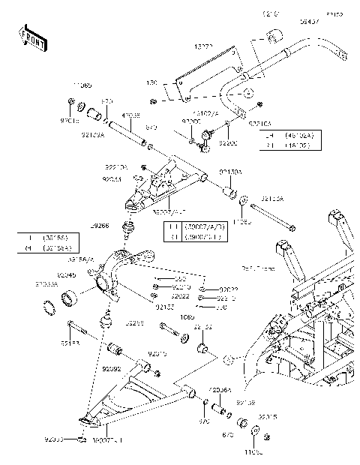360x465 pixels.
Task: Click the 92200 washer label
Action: pyautogui.click(x=228, y=141)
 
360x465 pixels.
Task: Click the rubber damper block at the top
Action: pyautogui.click(x=274, y=35)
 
